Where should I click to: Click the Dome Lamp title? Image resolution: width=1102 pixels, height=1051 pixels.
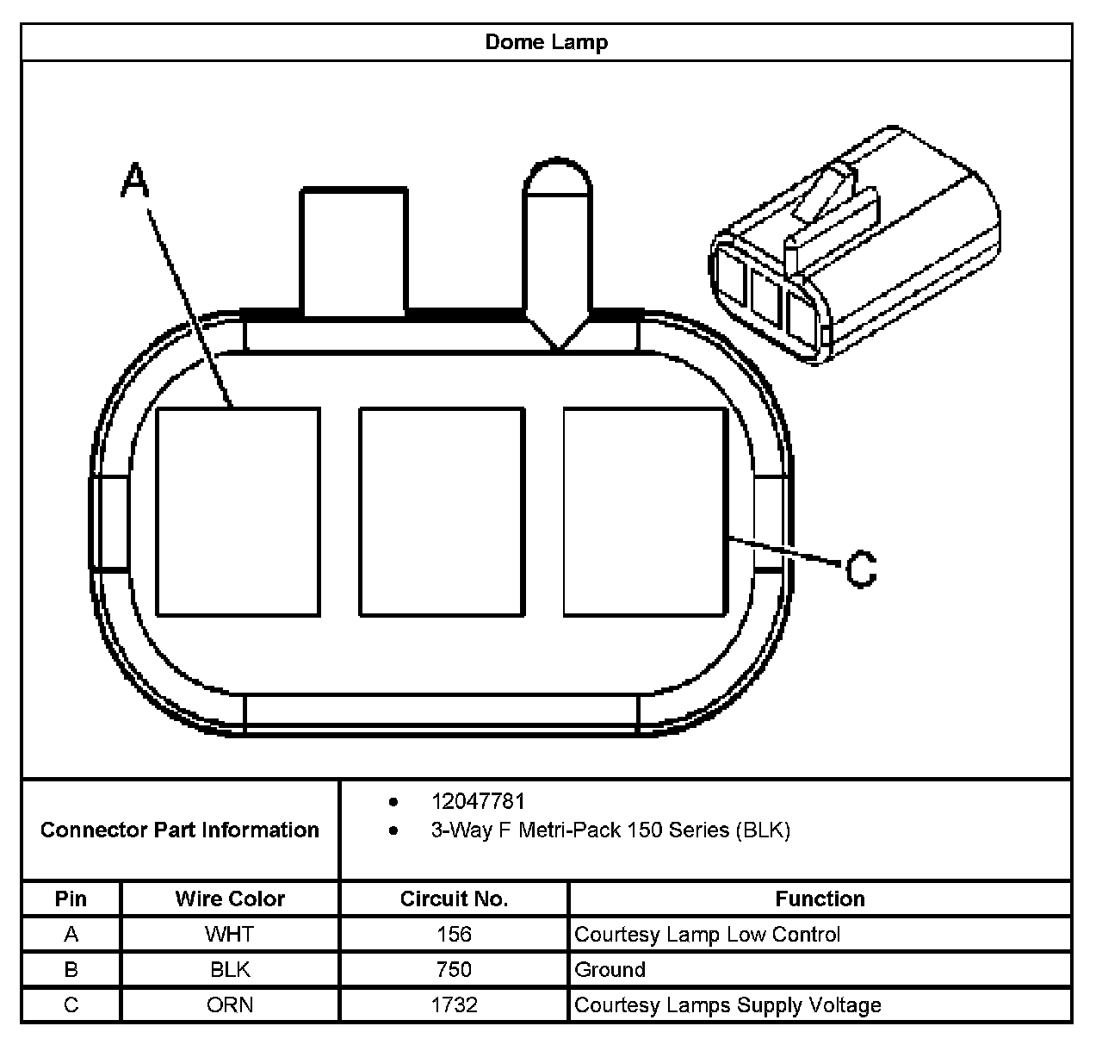point(547,42)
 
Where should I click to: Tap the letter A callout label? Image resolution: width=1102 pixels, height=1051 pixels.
point(135,180)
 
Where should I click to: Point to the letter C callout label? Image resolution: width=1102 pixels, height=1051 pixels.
point(860,569)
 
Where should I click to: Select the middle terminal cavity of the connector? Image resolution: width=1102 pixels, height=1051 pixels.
point(441,512)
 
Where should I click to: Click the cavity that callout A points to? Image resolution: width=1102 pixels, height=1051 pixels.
point(238,512)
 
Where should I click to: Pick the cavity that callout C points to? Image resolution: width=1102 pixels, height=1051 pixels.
point(644,512)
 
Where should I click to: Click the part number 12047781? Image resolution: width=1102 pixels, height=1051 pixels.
point(478,801)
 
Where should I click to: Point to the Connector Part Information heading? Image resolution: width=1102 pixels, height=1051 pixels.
point(180,830)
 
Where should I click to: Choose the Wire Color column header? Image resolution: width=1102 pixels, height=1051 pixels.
point(230,899)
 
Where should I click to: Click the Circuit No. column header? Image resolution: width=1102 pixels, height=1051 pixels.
point(454,899)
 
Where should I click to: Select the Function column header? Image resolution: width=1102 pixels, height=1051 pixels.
point(820,899)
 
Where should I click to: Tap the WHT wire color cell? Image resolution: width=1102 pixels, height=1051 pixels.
point(230,934)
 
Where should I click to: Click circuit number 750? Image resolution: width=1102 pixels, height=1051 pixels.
point(454,969)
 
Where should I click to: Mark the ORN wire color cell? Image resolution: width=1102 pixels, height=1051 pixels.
point(230,1004)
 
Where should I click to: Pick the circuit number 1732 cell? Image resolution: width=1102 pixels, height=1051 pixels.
point(454,1004)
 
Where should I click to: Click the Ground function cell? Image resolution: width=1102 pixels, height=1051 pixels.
point(610,969)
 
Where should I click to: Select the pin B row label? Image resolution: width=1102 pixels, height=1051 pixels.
point(71,969)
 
